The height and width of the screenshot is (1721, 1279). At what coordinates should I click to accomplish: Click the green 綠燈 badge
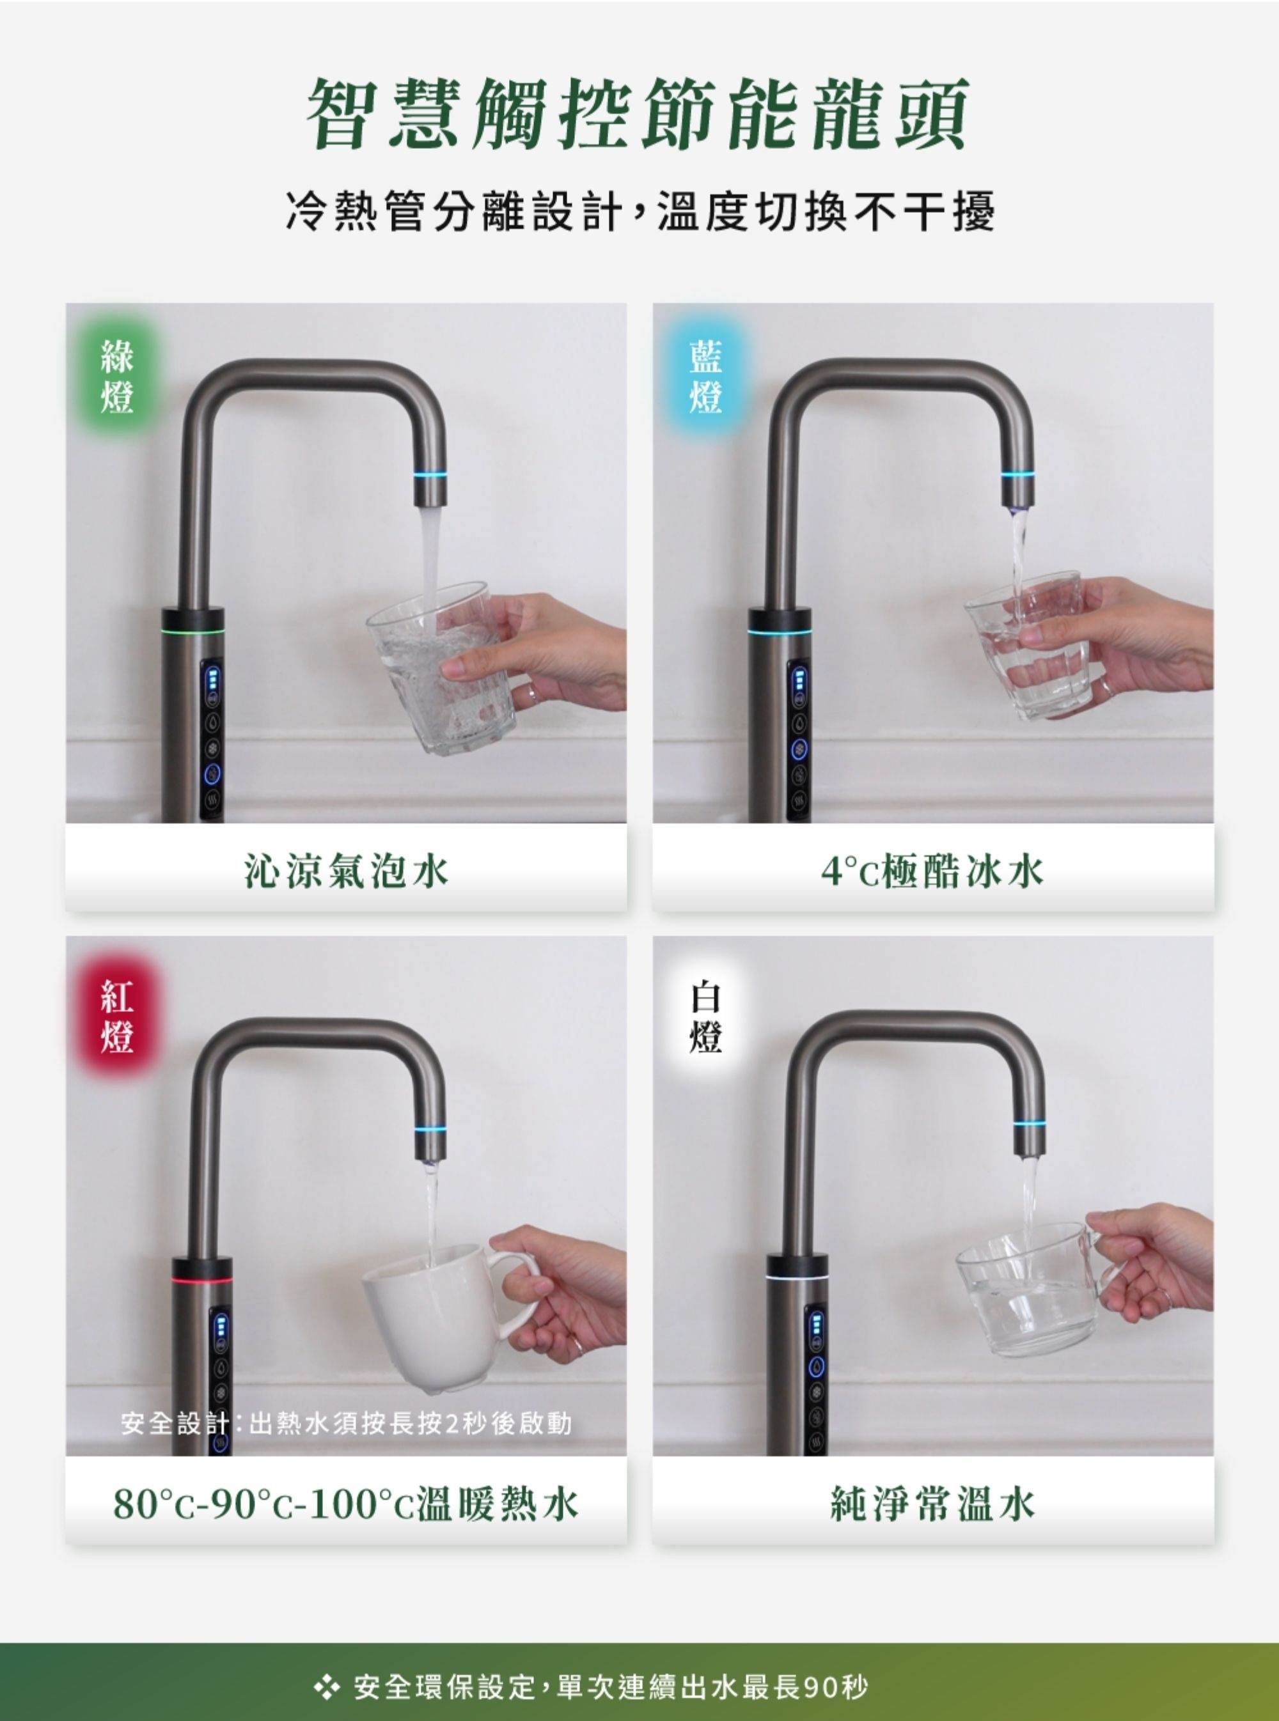pos(117,376)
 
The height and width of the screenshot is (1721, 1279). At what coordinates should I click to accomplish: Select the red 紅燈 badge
pos(117,1015)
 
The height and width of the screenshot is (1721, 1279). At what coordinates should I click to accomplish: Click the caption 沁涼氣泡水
pos(346,871)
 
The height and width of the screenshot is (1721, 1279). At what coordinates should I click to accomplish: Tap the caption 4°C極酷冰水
pos(933,871)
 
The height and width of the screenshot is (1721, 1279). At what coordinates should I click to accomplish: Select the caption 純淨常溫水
pos(933,1504)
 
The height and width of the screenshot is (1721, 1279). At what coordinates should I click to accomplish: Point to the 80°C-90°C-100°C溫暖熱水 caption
pos(346,1504)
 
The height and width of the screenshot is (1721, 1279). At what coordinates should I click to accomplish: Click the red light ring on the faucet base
pos(201,1280)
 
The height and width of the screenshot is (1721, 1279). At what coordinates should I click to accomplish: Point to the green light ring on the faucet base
pos(192,629)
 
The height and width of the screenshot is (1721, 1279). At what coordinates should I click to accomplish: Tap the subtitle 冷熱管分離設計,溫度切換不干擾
pos(639,210)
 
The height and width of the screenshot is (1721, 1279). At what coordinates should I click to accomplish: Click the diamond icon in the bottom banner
pos(327,1686)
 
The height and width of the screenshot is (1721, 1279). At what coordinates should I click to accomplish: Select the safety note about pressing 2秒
pos(346,1422)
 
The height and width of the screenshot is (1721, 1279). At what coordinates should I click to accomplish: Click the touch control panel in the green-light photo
pos(212,739)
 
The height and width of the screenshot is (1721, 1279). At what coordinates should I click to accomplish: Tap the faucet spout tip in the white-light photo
pos(1030,1153)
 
